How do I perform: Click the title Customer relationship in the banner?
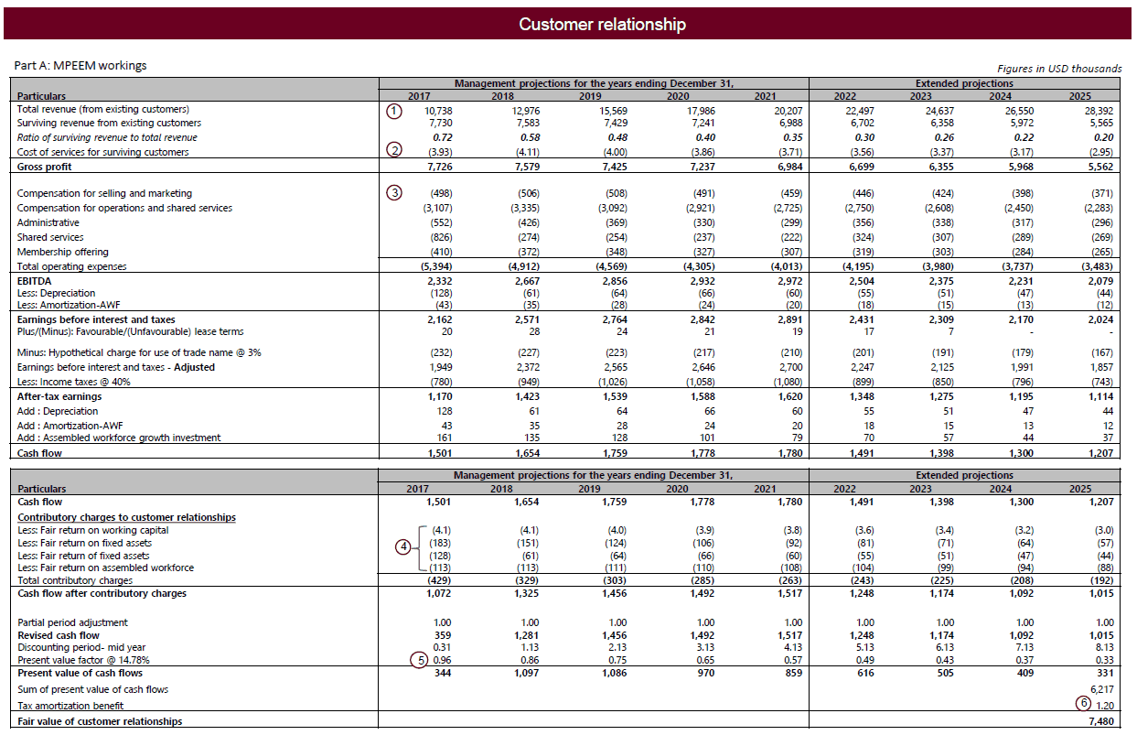click(x=601, y=25)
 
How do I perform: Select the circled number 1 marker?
click(x=393, y=111)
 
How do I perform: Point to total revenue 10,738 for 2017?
click(x=439, y=110)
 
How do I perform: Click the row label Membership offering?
click(x=62, y=252)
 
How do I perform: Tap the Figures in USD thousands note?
click(x=1058, y=69)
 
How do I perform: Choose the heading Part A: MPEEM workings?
click(x=80, y=66)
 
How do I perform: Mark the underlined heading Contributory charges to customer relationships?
click(x=126, y=517)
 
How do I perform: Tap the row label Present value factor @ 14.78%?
click(x=80, y=659)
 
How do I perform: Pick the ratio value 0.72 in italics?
click(x=443, y=137)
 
